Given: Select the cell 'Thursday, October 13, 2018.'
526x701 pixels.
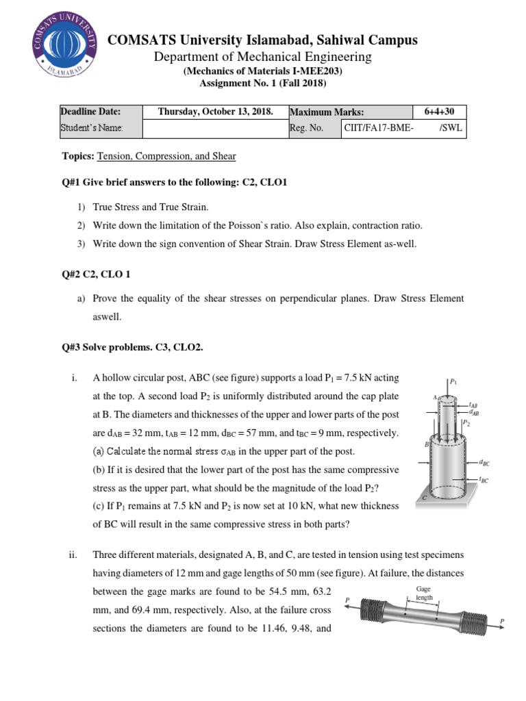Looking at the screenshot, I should coord(215,112).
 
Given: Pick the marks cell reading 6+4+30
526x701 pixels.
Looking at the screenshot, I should coord(440,112).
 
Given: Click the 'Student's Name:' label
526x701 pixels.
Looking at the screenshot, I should coord(92,127).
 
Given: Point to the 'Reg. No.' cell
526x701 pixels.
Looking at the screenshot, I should coord(306,127).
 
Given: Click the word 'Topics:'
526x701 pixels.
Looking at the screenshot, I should coord(78,157).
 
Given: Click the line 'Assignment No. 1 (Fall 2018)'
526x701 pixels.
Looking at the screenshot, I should coord(263,84).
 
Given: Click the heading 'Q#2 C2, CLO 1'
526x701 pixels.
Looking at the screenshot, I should coord(96,275).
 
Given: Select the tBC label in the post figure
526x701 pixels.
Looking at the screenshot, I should coord(484,481).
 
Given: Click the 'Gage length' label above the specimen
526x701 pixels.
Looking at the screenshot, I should coord(425,593).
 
